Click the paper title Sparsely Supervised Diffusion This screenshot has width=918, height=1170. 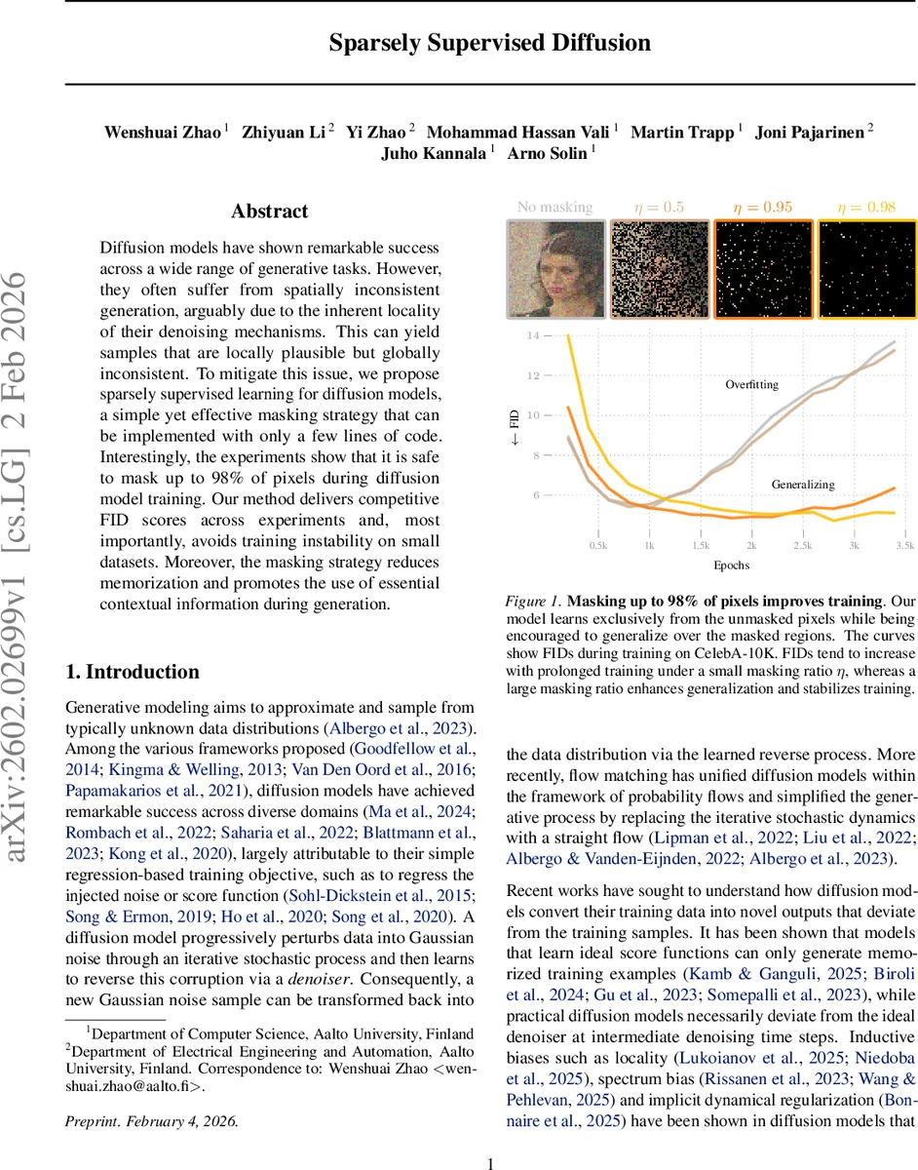pyautogui.click(x=488, y=43)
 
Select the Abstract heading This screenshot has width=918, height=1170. pyautogui.click(x=269, y=212)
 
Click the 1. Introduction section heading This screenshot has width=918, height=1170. pyautogui.click(x=132, y=672)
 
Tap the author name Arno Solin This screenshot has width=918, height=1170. pyautogui.click(x=551, y=153)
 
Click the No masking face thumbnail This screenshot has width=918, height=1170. pyautogui.click(x=555, y=269)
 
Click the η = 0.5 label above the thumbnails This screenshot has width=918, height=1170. pyautogui.click(x=659, y=207)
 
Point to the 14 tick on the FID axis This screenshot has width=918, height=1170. pyautogui.click(x=531, y=335)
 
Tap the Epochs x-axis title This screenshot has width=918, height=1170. pyautogui.click(x=731, y=565)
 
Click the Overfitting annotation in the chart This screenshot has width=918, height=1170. pyautogui.click(x=751, y=385)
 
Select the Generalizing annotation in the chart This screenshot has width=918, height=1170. pyautogui.click(x=803, y=485)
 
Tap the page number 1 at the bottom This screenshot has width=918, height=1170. pyautogui.click(x=490, y=1137)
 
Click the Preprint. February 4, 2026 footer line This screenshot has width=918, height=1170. pyautogui.click(x=151, y=1093)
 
